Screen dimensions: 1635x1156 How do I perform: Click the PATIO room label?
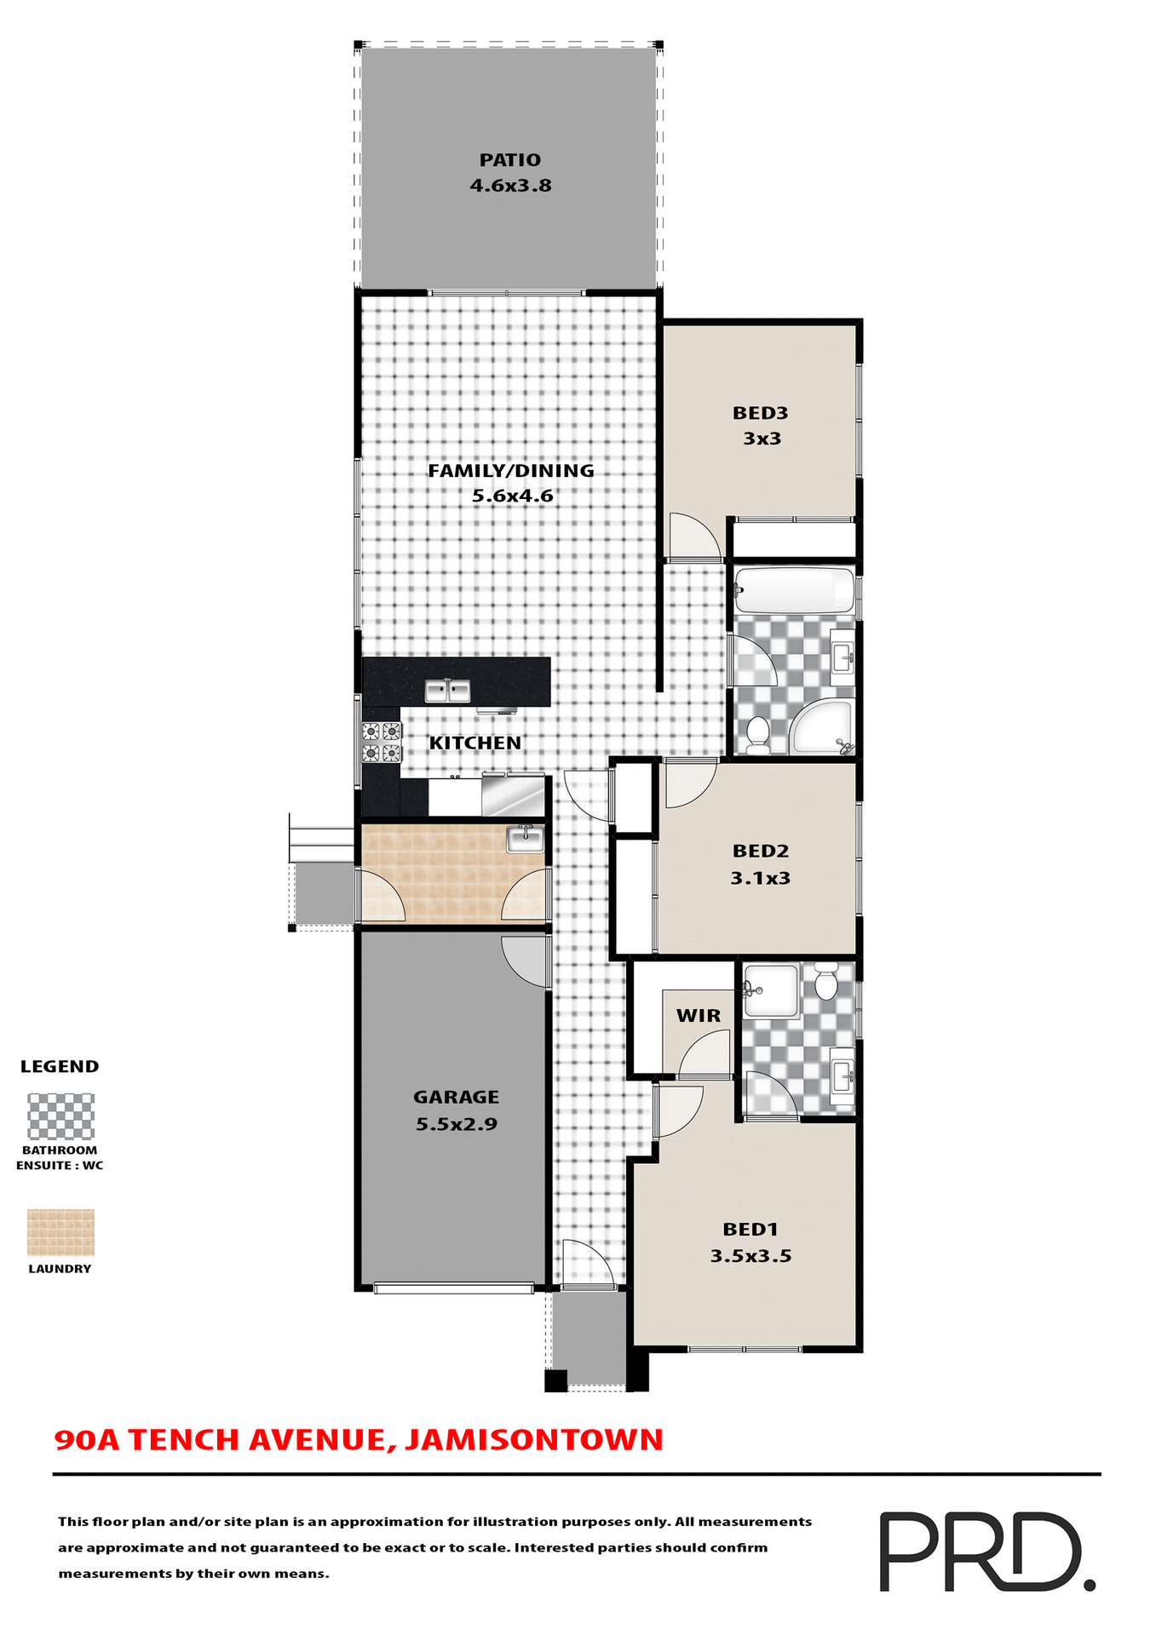tap(509, 160)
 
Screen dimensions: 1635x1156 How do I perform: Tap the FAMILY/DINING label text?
tap(510, 471)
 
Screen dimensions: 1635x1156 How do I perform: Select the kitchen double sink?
tap(447, 691)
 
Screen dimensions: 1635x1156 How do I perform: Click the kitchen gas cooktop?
tap(381, 742)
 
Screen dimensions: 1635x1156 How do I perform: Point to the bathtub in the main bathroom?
tap(794, 589)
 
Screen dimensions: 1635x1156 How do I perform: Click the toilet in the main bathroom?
tap(756, 734)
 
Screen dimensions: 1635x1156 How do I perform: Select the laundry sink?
tap(525, 838)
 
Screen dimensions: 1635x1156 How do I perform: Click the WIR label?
tap(699, 1016)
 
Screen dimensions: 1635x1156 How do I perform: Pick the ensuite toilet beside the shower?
tap(825, 982)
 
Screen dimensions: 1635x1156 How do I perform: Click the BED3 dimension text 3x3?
tap(762, 439)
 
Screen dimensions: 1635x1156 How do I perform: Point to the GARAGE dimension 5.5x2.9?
tap(457, 1124)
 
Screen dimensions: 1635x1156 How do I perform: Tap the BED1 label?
tap(751, 1230)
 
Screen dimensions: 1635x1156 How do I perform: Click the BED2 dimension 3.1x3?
tap(760, 878)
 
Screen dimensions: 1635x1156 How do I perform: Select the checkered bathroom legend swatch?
tap(60, 1116)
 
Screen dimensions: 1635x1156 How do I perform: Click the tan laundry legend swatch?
tap(60, 1232)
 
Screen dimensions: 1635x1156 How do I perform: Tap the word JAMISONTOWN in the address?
tap(534, 1440)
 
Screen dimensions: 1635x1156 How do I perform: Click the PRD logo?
tap(986, 1552)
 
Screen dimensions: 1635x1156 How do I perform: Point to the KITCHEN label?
tap(475, 743)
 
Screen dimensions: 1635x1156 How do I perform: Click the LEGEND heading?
tap(60, 1067)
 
